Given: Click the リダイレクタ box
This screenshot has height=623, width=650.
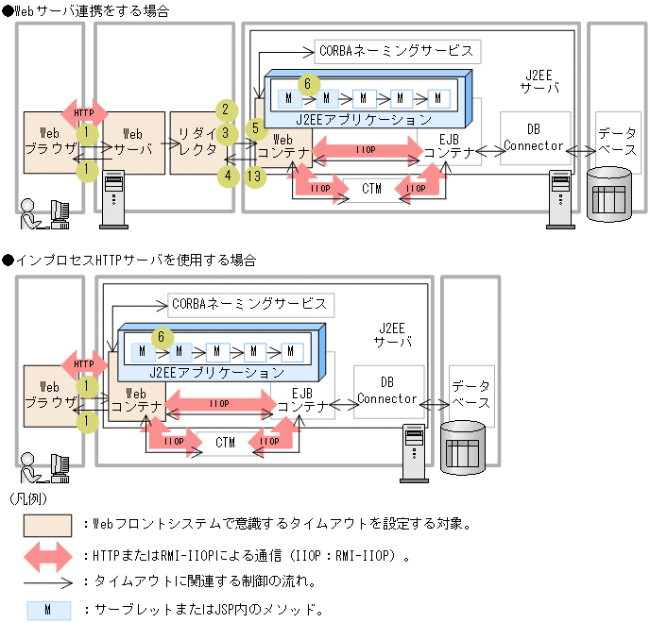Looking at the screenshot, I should (x=197, y=143).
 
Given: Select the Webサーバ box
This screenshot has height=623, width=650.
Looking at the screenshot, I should (x=133, y=143).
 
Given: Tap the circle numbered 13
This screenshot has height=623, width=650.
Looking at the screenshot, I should (x=252, y=175).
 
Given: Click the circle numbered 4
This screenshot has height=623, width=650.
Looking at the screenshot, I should (x=226, y=176).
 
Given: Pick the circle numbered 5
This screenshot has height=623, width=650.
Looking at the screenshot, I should (x=253, y=127).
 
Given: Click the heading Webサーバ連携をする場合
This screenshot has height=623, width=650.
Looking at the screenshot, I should (x=91, y=11).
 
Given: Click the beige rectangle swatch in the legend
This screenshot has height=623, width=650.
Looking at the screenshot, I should (x=47, y=523).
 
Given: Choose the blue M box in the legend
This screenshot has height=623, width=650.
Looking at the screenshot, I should (x=47, y=609).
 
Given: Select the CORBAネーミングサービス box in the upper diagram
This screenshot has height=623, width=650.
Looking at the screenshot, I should (x=398, y=50).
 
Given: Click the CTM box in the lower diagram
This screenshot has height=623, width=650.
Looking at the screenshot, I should (x=225, y=442).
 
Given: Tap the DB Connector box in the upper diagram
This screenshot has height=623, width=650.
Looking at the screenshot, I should (x=535, y=138).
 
